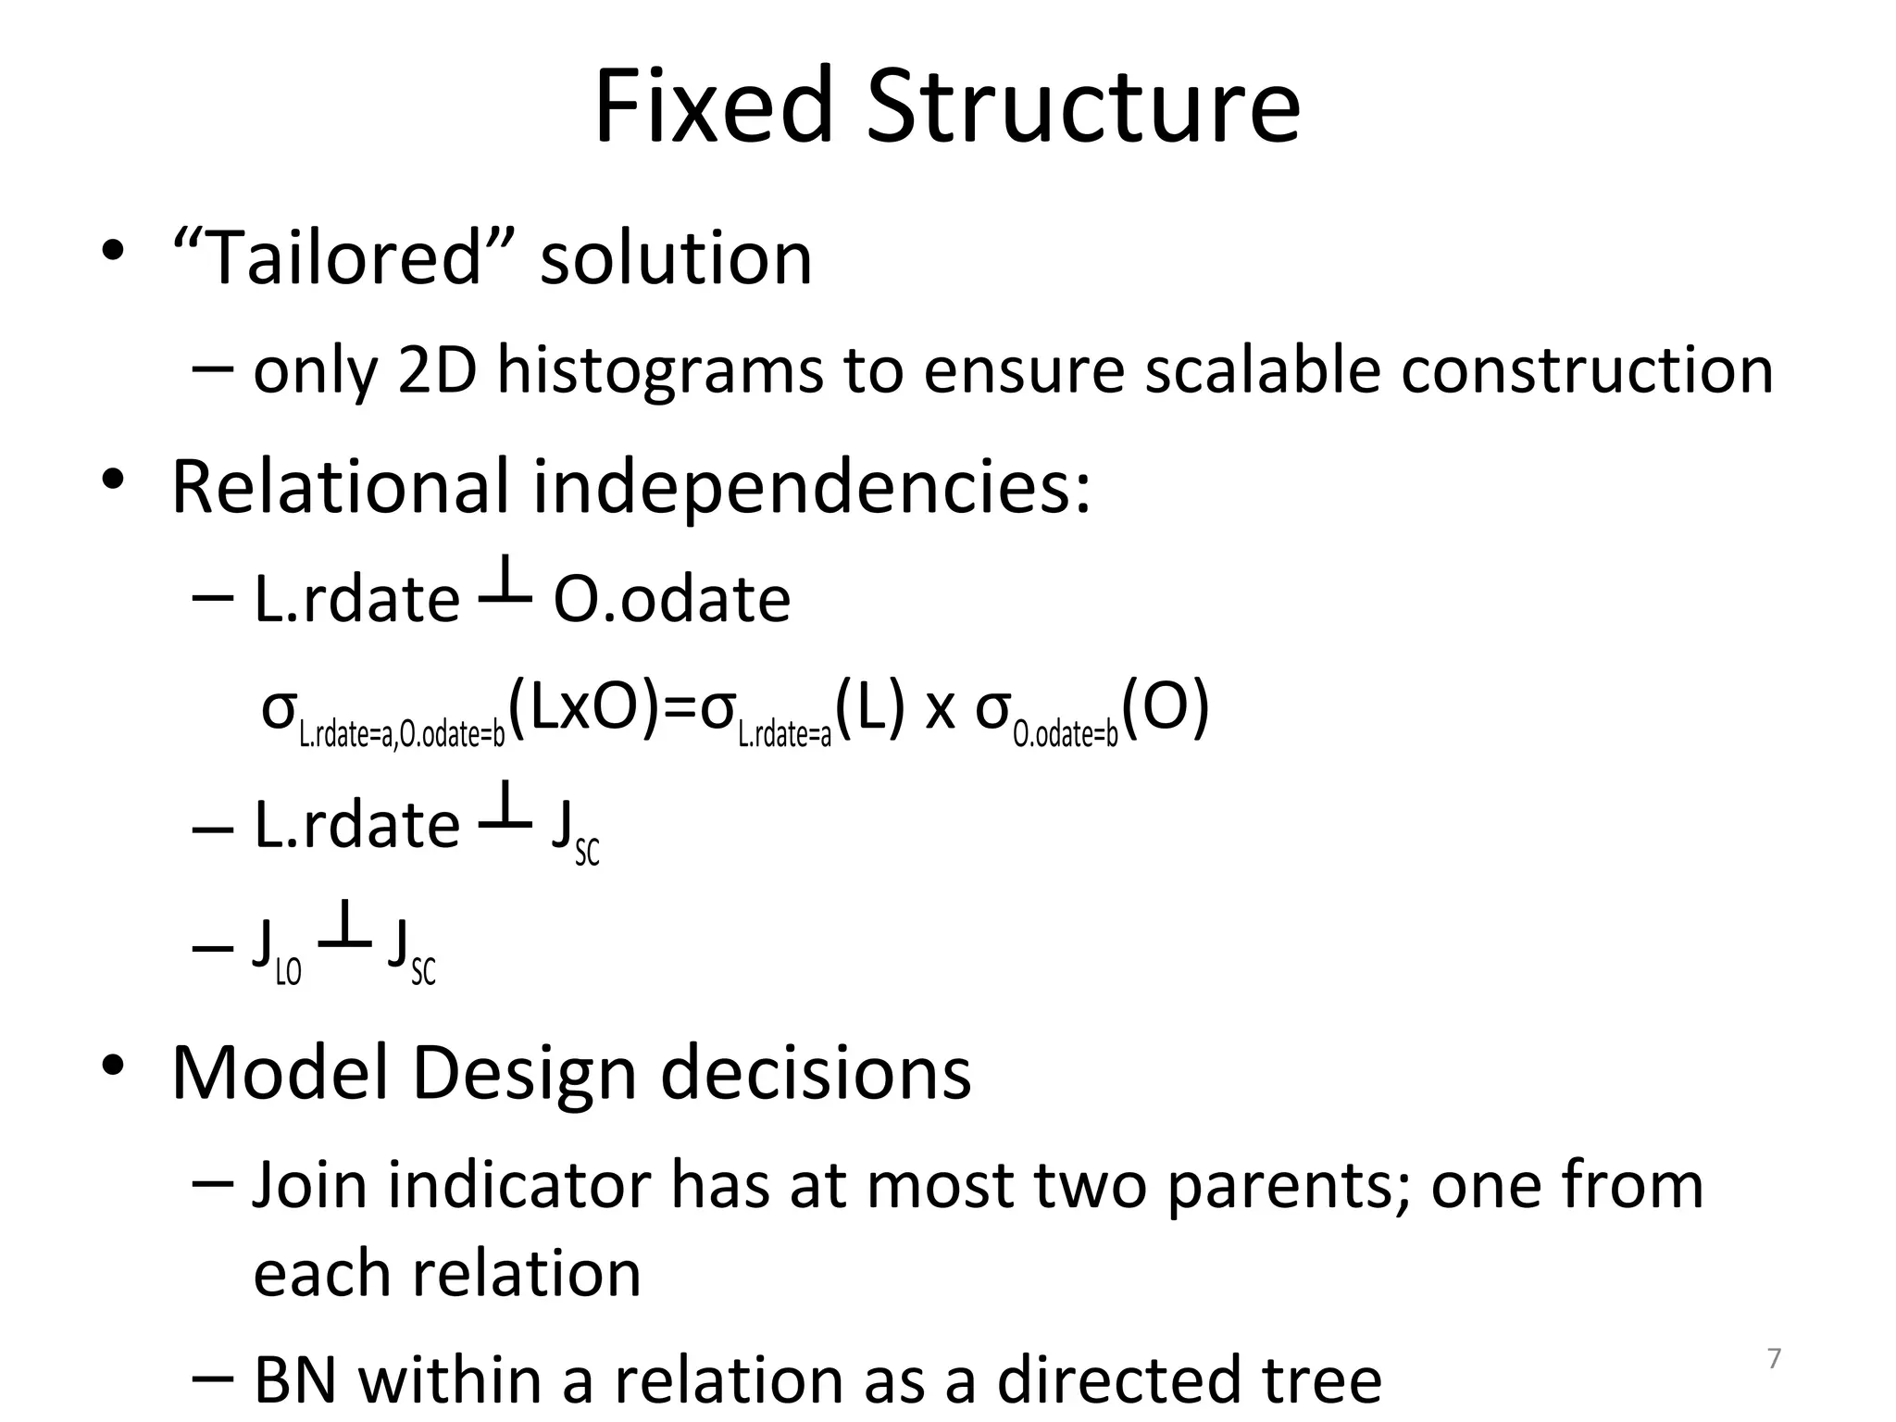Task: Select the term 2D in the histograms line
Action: [x=437, y=370]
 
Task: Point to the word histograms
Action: [x=659, y=370]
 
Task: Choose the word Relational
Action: [x=341, y=487]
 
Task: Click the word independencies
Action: [x=812, y=487]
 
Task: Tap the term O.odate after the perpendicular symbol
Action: [x=672, y=599]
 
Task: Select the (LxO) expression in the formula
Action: [x=587, y=708]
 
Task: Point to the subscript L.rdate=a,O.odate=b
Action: [x=402, y=735]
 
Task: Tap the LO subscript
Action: [x=289, y=972]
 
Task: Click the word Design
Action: [x=524, y=1074]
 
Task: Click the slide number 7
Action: [x=1774, y=1359]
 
